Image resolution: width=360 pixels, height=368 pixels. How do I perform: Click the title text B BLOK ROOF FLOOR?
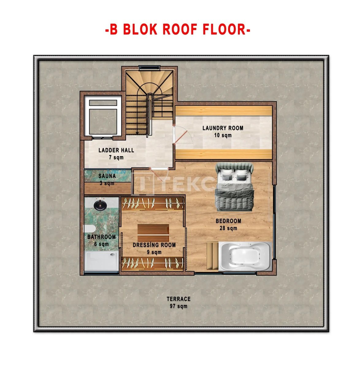(x=178, y=29)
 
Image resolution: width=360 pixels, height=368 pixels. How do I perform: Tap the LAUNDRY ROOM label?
(x=223, y=128)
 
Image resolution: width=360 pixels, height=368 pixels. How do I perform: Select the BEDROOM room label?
(x=228, y=221)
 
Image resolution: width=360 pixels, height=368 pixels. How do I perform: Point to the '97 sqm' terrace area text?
(x=178, y=306)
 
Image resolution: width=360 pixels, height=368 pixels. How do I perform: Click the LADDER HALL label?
(x=116, y=150)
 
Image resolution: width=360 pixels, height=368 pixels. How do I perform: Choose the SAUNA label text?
(x=107, y=176)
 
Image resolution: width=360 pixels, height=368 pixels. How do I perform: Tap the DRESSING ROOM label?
(x=154, y=245)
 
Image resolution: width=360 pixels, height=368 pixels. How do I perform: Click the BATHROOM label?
(x=101, y=237)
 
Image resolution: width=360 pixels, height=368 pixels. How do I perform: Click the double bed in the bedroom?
(x=235, y=187)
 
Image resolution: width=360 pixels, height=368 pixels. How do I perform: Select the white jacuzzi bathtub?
(x=245, y=256)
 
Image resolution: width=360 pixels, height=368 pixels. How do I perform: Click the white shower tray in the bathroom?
(x=101, y=261)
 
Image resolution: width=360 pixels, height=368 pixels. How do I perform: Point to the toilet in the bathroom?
(x=89, y=229)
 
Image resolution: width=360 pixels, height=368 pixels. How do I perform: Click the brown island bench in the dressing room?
(x=153, y=233)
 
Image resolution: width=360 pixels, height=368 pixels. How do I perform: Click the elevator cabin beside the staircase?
(x=103, y=116)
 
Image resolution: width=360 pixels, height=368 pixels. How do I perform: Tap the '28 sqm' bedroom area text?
(x=228, y=228)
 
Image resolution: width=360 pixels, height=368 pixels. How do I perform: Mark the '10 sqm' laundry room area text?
(x=223, y=135)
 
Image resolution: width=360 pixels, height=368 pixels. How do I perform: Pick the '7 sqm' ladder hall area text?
(x=116, y=157)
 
